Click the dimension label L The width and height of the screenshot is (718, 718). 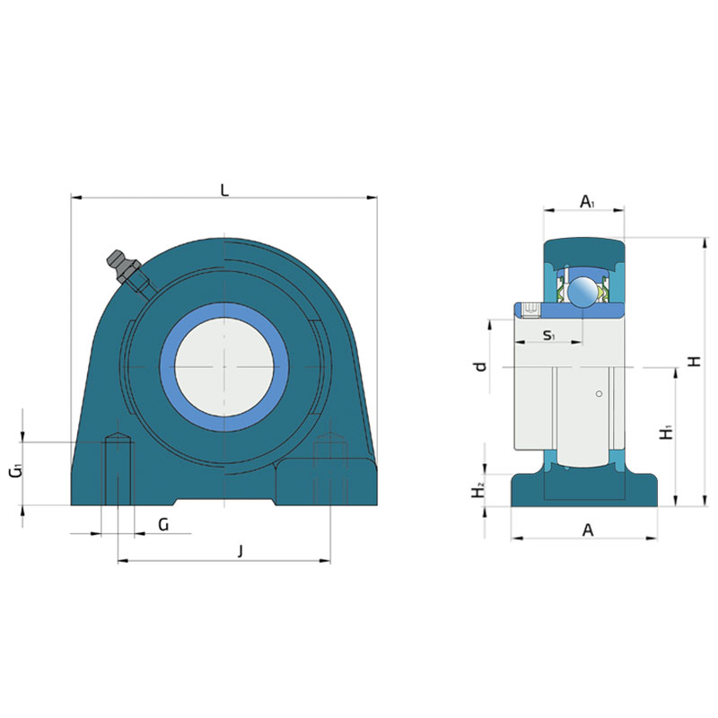(224, 189)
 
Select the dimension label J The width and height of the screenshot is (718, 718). (241, 551)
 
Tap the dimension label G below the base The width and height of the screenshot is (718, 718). (163, 524)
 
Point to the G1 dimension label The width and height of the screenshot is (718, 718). (15, 470)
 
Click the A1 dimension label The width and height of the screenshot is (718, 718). (588, 201)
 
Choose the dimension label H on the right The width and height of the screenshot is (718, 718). (695, 362)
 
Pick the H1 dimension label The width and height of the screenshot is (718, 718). (667, 433)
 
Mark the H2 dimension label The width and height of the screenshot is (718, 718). (478, 491)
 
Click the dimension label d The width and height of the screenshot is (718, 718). (480, 366)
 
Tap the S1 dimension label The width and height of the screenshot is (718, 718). (548, 335)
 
